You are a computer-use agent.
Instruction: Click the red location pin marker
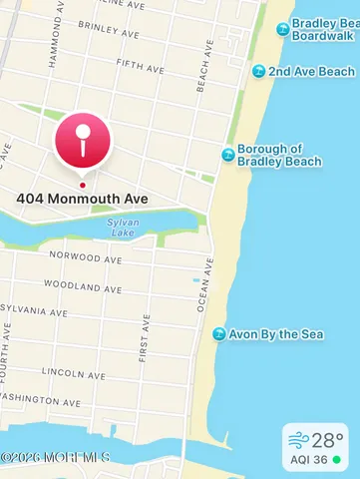pos(83,141)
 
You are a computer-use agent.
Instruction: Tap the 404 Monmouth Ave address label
pos(82,199)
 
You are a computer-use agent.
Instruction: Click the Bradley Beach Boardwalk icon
pos(282,29)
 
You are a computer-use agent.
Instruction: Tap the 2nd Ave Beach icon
pos(258,71)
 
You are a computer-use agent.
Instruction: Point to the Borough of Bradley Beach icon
pos(228,155)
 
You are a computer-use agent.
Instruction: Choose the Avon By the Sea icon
pos(218,333)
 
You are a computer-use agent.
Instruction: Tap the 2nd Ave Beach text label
pos(311,71)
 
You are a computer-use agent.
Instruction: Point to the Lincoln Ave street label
pos(69,372)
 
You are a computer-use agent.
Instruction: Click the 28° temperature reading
pos(326,439)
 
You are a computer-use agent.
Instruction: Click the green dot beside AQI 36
pos(337,460)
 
